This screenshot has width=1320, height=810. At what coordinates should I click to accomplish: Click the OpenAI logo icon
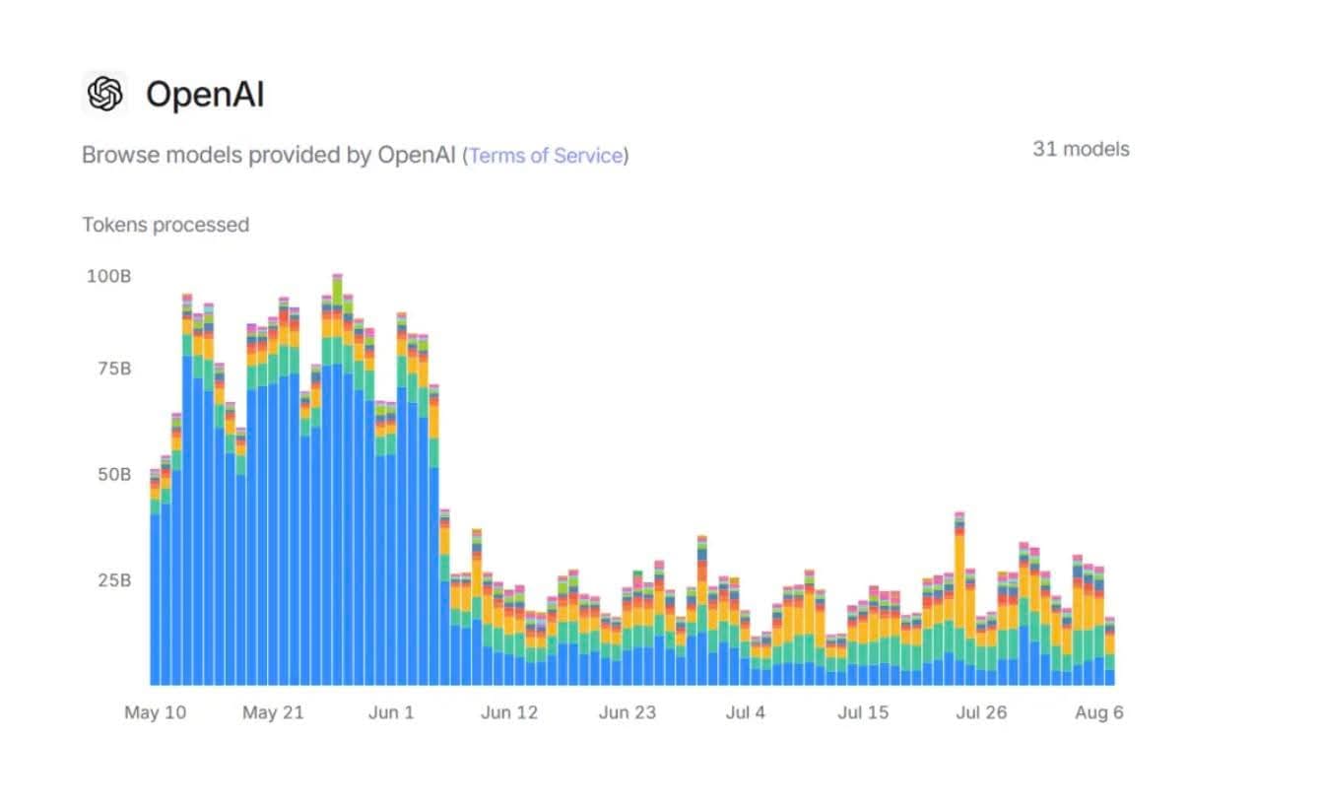104,95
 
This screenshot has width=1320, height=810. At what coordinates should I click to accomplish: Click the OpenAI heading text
205,95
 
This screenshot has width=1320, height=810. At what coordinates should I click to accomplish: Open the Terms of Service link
546,156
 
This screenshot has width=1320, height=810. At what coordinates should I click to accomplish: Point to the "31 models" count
1081,149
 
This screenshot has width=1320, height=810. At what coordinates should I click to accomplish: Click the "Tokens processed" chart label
165,225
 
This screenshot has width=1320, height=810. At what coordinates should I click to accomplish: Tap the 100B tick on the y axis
108,276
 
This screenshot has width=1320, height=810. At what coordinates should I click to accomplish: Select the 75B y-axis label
113,369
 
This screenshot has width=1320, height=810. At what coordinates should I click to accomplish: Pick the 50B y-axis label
113,474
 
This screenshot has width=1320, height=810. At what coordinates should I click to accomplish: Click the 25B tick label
113,579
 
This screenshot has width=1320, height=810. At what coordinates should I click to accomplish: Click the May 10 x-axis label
155,712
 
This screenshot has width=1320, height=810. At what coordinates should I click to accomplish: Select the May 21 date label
273,712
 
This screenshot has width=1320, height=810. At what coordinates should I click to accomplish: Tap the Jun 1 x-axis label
391,712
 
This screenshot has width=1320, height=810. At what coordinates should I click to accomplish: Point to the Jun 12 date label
509,712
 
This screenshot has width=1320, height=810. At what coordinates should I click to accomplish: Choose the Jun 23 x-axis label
627,712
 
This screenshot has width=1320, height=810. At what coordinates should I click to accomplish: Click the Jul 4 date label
745,712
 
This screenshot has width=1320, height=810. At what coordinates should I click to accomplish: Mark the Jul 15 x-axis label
863,712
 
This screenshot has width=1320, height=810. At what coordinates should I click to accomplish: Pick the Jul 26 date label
981,712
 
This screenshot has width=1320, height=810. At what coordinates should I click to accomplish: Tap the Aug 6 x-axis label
1098,712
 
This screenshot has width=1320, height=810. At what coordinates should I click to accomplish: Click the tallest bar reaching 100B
337,493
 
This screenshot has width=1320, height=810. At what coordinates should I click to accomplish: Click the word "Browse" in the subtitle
111,156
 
